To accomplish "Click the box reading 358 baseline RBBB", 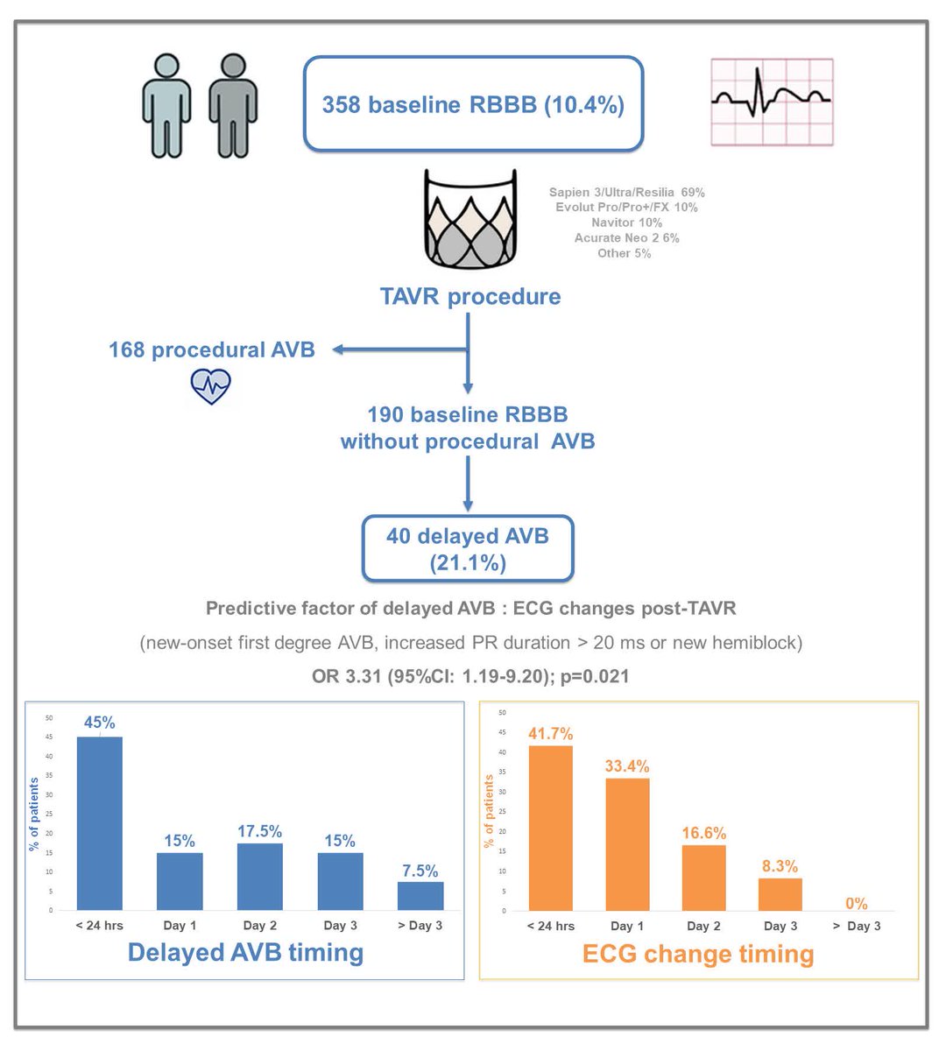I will coord(473,104).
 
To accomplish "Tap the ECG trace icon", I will coord(772,102).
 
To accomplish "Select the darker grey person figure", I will coord(233,106).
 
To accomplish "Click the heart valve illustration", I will coord(470,220).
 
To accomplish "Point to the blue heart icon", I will coord(210,385).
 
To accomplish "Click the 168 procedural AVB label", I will coord(211,350).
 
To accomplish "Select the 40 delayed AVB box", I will coord(468,548).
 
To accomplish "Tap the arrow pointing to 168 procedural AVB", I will coord(399,350).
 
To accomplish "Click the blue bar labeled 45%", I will coord(100,822).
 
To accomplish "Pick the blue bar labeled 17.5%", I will coord(260,876).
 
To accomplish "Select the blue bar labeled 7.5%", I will coord(420,895).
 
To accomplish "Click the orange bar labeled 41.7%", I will coord(550,828).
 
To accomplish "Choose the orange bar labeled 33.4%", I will coord(627,844).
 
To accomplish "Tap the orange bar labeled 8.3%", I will coord(780,894).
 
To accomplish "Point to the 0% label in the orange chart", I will coord(856,904).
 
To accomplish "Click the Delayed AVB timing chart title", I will coord(245,952).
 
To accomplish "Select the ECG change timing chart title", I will coord(698,954).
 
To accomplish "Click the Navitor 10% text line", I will coord(626,222).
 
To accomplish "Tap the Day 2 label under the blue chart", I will coord(260,926).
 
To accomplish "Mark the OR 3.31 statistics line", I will coord(470,676).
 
